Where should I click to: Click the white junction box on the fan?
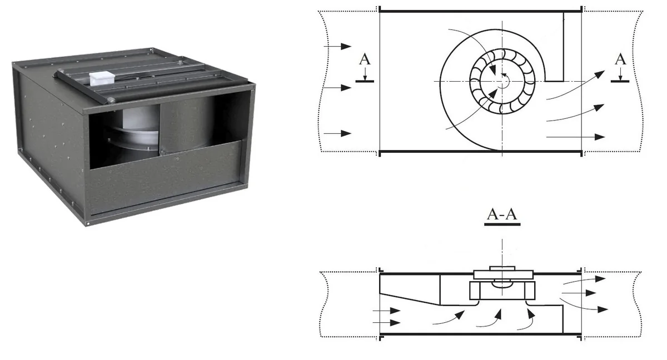click(x=102, y=79)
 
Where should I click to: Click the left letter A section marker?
click(x=365, y=59)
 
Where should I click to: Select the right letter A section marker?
click(x=620, y=59)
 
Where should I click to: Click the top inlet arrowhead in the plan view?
click(x=346, y=47)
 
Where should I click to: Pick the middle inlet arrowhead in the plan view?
click(x=346, y=88)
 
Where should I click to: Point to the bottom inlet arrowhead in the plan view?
click(x=346, y=133)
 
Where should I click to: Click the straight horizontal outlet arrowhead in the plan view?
click(x=600, y=137)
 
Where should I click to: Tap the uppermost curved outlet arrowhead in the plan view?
click(x=600, y=74)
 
